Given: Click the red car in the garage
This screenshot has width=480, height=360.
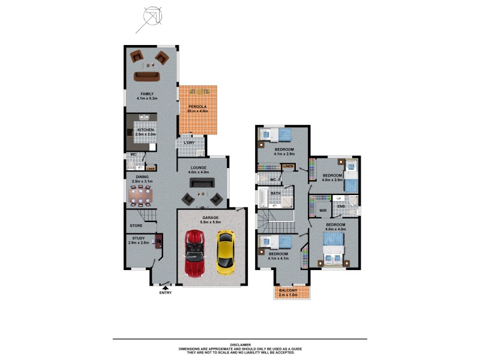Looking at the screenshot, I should click(x=194, y=253).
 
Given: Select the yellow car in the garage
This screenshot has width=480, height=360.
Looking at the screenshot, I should click(x=225, y=253).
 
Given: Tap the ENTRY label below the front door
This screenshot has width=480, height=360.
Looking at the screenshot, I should click(x=166, y=292).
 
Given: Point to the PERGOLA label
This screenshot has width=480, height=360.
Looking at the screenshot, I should click(x=198, y=106).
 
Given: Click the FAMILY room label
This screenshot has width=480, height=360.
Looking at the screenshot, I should click(x=147, y=94).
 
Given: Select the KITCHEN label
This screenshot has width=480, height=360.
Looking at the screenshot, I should click(x=146, y=130).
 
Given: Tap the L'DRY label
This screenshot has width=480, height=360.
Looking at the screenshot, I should click(x=189, y=142).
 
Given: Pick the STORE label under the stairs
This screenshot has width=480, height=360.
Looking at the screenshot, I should click(x=136, y=226).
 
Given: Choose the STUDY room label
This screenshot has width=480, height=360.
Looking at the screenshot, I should click(x=139, y=238).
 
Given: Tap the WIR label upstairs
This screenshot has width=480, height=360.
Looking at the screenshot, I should click(x=322, y=211).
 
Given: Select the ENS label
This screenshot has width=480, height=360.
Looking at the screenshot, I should click(x=341, y=206).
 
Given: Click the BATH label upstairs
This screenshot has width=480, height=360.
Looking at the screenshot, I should click(x=275, y=193).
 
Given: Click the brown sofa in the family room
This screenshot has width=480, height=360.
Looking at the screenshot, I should click(x=146, y=75).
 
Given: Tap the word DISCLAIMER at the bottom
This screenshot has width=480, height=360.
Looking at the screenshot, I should click(x=239, y=344).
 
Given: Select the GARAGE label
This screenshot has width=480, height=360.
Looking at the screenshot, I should click(x=210, y=217).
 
